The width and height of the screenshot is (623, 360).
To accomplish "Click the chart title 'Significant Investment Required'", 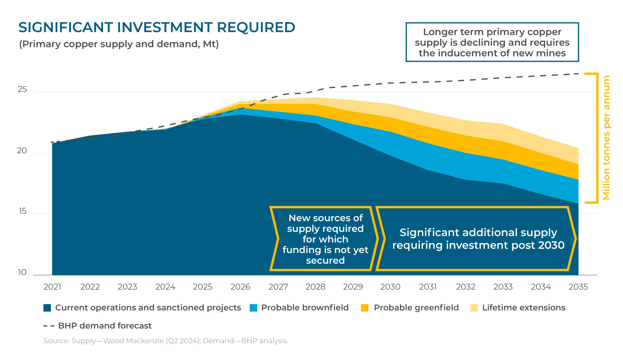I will pyautogui.click(x=156, y=28).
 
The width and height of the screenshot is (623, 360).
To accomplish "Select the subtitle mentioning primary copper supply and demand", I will pyautogui.click(x=119, y=44).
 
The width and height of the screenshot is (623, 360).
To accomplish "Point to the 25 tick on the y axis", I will pyautogui.click(x=22, y=90).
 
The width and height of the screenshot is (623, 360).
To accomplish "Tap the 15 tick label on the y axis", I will pyautogui.click(x=22, y=211).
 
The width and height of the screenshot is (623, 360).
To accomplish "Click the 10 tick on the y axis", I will pyautogui.click(x=22, y=272).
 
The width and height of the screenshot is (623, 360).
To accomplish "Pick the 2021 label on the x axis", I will pyautogui.click(x=52, y=287).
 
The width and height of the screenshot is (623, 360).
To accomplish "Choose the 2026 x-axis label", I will pyautogui.click(x=240, y=287).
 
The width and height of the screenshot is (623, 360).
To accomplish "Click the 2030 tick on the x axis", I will pyautogui.click(x=390, y=287).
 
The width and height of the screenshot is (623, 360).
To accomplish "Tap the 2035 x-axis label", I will pyautogui.click(x=578, y=287).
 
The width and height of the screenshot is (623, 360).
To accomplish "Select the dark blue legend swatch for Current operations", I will pyautogui.click(x=47, y=308).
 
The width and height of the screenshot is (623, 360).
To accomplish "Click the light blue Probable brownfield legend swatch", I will pyautogui.click(x=253, y=308).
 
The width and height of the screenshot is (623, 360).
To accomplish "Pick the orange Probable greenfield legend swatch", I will pyautogui.click(x=365, y=308).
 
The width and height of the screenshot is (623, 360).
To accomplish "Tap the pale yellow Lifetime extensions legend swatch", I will pyautogui.click(x=474, y=308).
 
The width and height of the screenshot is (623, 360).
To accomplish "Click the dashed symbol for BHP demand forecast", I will pyautogui.click(x=49, y=326).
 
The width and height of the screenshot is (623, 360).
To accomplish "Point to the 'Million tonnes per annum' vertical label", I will pyautogui.click(x=606, y=138).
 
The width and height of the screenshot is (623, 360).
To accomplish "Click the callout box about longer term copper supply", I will pyautogui.click(x=492, y=42).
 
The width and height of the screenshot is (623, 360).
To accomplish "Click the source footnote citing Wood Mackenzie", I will pyautogui.click(x=166, y=341).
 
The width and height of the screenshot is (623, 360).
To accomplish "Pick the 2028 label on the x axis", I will pyautogui.click(x=316, y=287).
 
